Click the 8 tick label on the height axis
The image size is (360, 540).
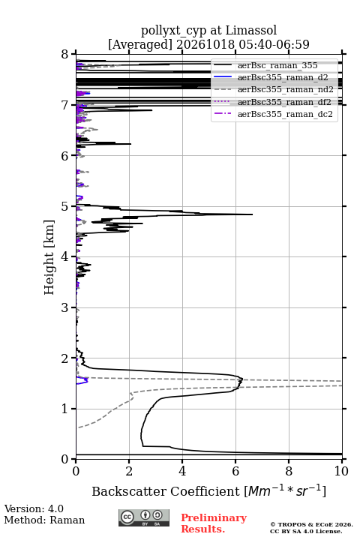(64, 55)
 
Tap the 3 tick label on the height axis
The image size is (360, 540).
(64, 307)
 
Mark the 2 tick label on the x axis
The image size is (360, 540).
(129, 471)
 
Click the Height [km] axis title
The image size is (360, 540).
(49, 257)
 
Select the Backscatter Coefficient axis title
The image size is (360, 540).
(208, 490)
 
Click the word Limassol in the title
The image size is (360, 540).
(250, 30)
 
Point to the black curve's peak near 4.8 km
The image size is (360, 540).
(252, 214)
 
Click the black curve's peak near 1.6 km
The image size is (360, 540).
(242, 379)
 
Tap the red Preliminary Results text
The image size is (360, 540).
(214, 523)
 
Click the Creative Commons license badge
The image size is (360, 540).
(144, 517)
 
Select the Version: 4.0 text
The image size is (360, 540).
(34, 508)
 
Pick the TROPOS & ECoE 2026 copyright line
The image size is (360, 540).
(311, 524)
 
